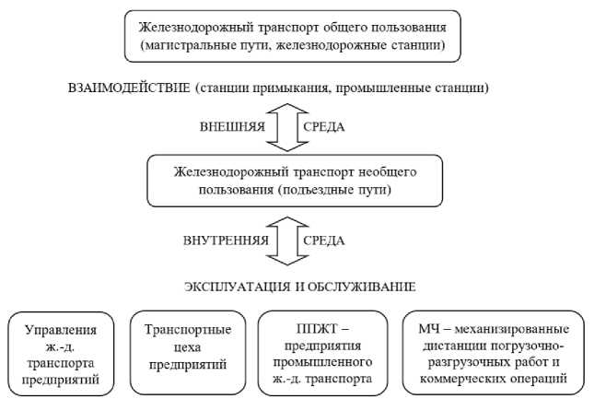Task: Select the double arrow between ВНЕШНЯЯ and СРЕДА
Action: tap(284, 127)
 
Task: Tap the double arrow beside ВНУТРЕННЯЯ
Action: tap(284, 241)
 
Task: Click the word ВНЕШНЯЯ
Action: tap(233, 127)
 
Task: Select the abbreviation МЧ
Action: tap(429, 329)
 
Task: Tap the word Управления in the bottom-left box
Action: tap(63, 329)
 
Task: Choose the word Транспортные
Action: tap(189, 329)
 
